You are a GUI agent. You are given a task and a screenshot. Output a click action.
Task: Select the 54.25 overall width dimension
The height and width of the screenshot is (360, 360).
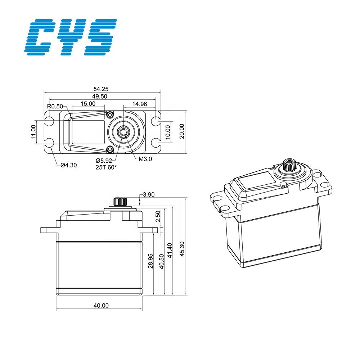click(x=101, y=89)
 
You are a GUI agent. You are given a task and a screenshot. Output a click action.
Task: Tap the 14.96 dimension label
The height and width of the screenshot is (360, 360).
click(x=139, y=104)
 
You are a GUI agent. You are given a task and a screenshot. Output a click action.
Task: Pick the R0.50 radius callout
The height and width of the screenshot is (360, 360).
click(x=55, y=106)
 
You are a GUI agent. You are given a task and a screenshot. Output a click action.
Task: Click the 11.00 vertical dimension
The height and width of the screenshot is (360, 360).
click(x=33, y=132)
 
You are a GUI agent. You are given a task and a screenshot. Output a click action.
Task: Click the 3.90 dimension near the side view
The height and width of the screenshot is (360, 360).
click(x=149, y=195)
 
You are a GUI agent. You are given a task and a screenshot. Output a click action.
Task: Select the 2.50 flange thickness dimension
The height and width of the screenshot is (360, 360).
click(x=158, y=216)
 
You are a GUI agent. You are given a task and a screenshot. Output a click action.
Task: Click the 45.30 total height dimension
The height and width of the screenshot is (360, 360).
click(x=182, y=249)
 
